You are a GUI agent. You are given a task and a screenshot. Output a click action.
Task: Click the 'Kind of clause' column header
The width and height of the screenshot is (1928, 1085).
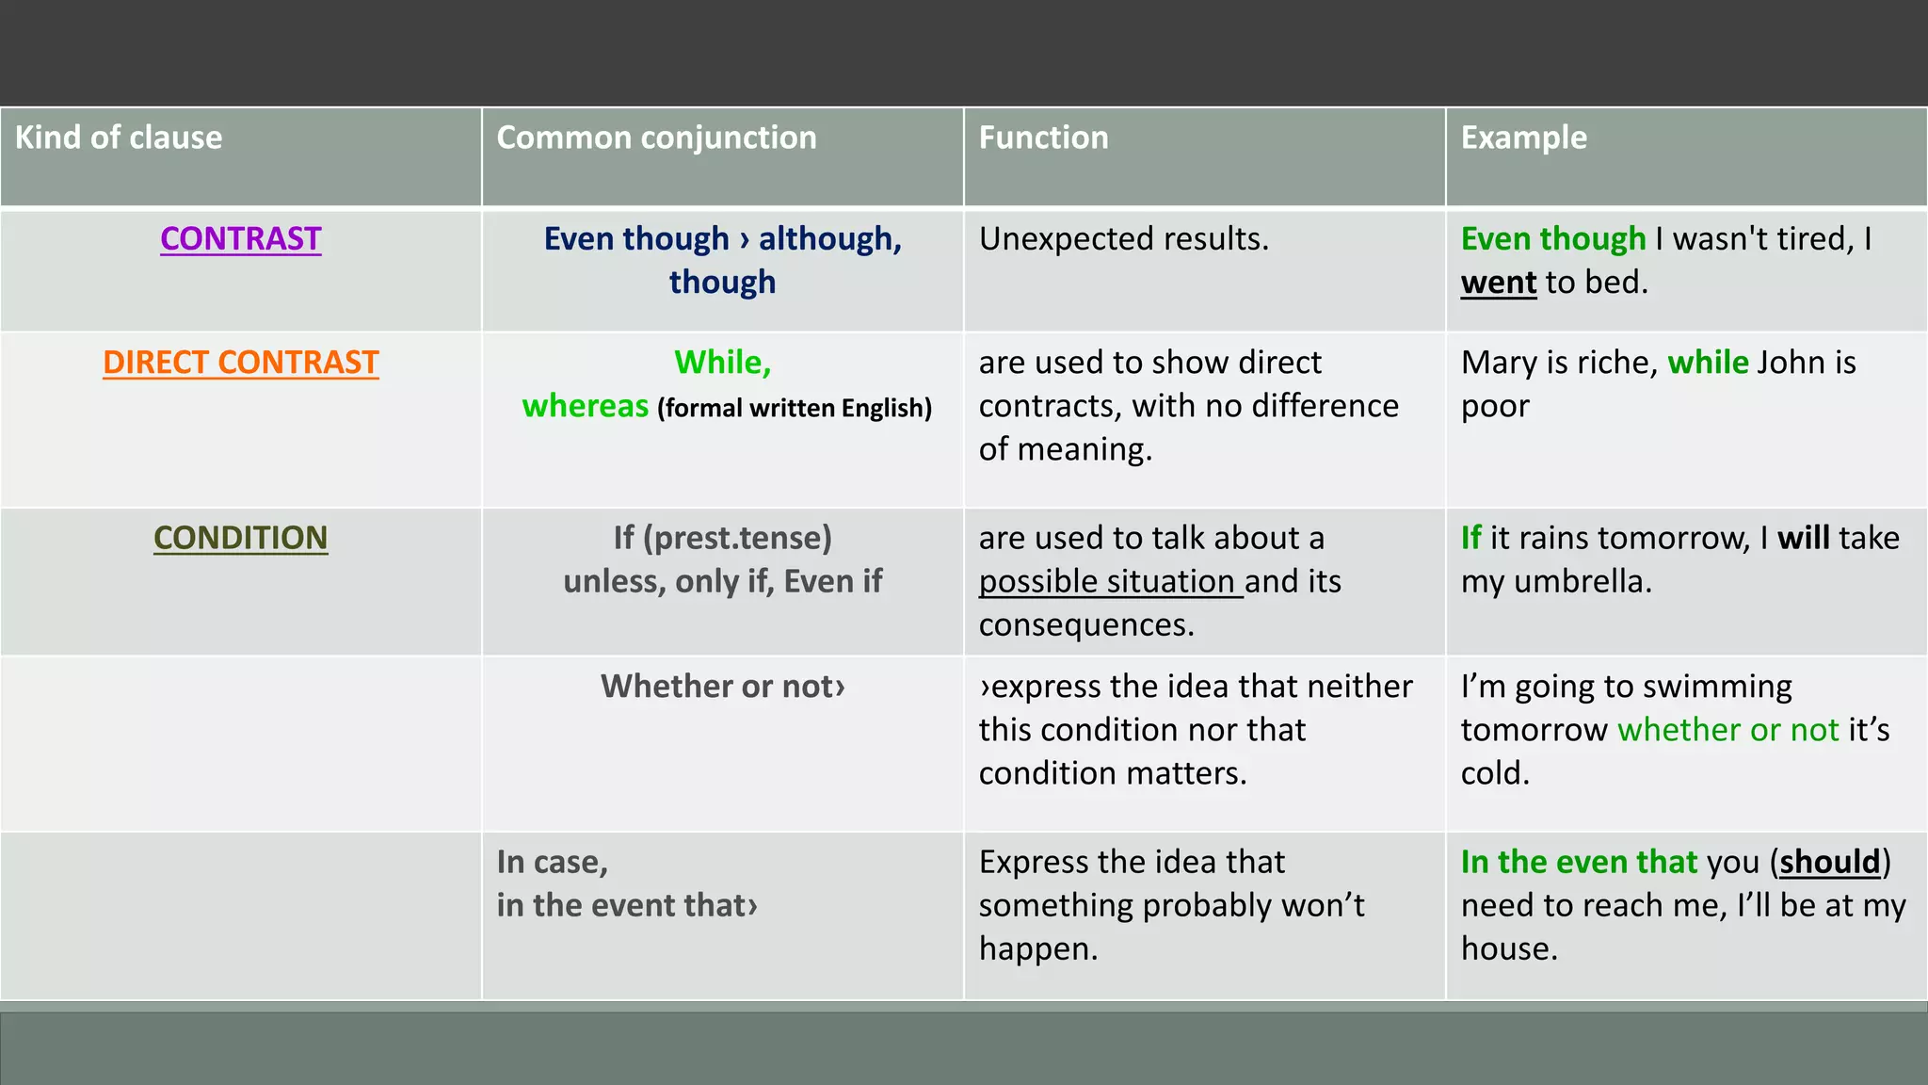click(119, 138)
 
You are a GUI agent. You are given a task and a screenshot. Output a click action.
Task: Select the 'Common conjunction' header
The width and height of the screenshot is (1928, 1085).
click(656, 138)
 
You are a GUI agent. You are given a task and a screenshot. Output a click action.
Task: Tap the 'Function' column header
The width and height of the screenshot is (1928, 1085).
click(1043, 138)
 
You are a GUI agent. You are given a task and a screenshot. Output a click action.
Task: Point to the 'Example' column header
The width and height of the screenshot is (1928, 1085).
click(1523, 138)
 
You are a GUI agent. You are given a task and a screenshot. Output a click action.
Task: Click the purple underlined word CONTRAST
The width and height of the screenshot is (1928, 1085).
click(241, 239)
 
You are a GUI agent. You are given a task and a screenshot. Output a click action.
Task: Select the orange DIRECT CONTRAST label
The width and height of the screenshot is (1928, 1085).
click(241, 363)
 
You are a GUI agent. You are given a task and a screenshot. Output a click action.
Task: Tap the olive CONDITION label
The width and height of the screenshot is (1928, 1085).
click(241, 538)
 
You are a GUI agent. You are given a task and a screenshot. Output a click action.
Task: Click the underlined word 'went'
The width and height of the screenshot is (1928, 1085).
click(1498, 283)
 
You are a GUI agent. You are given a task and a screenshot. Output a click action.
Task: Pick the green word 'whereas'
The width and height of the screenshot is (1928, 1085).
click(585, 406)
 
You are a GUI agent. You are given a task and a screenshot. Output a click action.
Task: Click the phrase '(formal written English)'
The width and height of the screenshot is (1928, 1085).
click(795, 408)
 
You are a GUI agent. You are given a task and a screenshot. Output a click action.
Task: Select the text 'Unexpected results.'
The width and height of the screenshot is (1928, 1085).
click(1123, 239)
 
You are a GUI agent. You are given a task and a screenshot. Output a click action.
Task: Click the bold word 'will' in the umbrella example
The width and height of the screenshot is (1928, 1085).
click(1803, 538)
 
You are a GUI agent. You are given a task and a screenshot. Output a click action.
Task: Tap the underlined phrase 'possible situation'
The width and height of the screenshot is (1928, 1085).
click(1107, 582)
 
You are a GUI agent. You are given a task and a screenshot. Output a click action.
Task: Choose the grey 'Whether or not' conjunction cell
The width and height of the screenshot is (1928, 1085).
click(722, 687)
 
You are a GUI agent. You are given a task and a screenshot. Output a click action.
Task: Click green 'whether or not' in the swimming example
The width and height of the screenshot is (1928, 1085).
click(1727, 730)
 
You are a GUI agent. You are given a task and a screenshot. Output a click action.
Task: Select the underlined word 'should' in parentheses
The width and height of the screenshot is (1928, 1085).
click(1829, 863)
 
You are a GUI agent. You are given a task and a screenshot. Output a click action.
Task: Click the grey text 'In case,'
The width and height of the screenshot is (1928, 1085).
click(553, 863)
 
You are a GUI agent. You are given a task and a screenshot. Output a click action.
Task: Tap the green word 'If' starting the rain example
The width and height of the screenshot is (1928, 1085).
click(1470, 538)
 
